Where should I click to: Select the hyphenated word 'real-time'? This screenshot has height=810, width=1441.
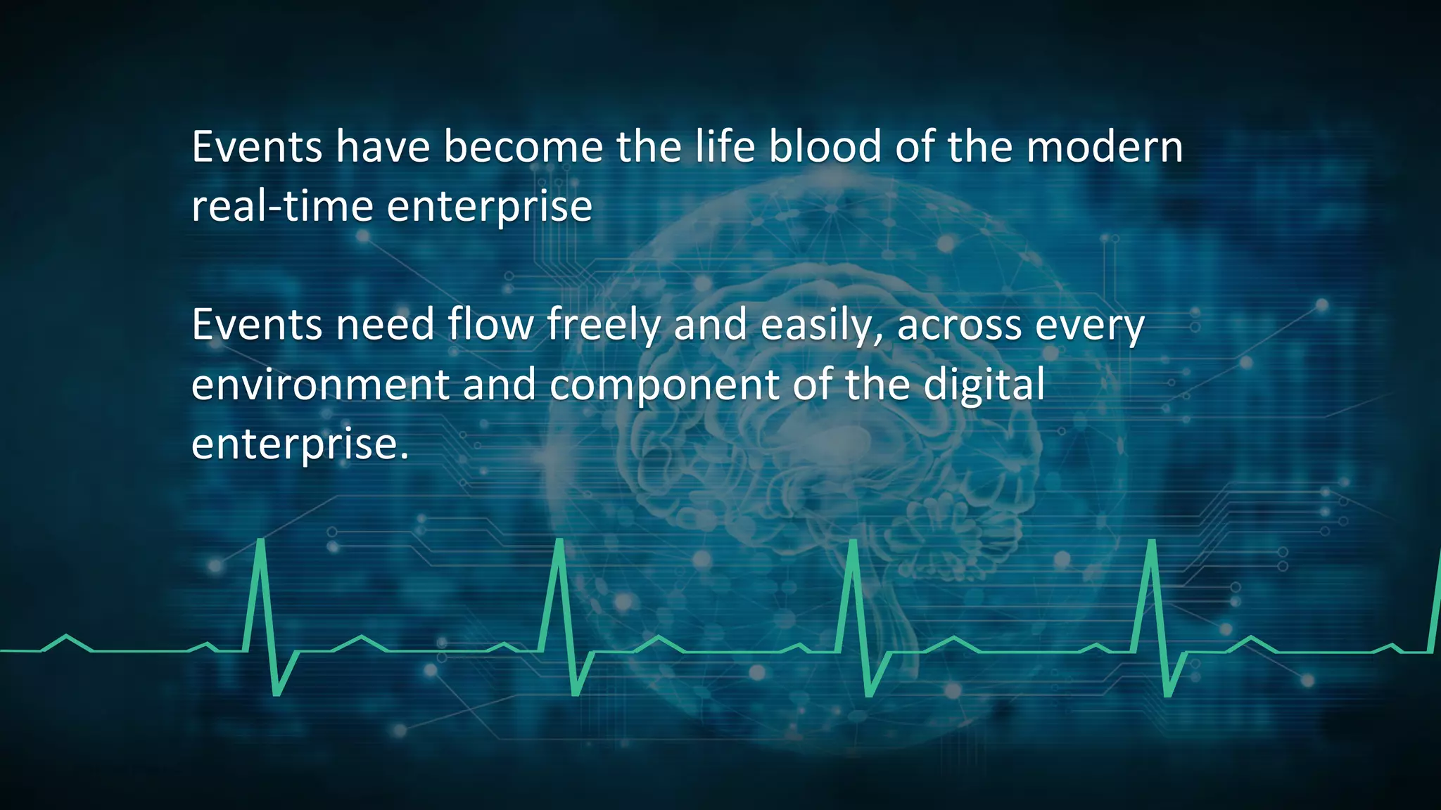[282, 207]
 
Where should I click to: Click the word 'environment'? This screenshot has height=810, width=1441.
[320, 385]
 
